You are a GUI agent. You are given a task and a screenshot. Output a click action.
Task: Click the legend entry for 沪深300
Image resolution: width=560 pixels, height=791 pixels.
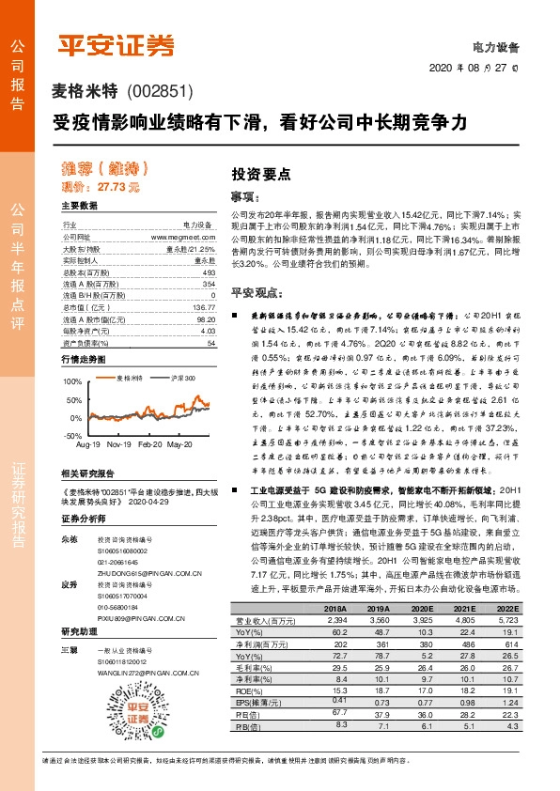click(182, 378)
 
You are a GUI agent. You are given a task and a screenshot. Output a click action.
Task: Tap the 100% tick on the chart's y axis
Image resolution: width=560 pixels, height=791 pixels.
click(73, 382)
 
